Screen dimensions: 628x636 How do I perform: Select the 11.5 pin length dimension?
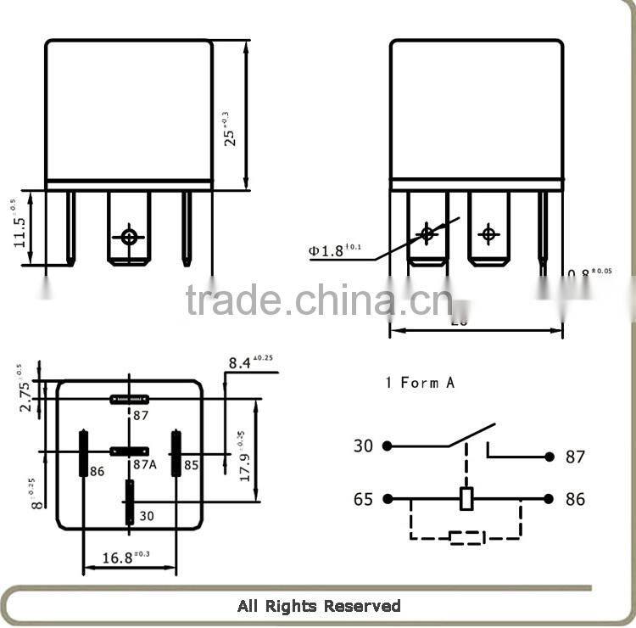point(20,228)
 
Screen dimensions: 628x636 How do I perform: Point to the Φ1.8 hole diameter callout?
point(335,250)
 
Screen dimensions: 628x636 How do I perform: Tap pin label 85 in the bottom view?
point(192,465)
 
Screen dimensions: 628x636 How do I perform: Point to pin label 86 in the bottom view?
point(97,471)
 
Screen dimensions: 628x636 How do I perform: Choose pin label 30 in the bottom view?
point(145,514)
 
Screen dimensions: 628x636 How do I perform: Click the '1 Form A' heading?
point(420,383)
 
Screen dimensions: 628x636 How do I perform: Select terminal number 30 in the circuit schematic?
point(363,446)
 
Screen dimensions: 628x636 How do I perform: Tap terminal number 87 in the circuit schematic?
point(575,457)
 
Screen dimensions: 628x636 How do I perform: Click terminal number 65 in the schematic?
point(363,499)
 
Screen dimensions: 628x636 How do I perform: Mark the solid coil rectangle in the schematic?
point(466,499)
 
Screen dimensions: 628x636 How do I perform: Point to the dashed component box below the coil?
point(466,537)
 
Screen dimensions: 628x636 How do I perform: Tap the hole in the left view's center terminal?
point(129,237)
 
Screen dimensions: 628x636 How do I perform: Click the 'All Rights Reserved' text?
point(318,606)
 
